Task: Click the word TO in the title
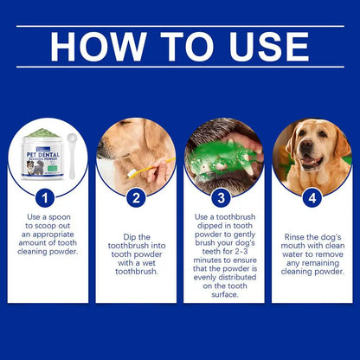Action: (x=178, y=47)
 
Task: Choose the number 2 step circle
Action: (x=136, y=198)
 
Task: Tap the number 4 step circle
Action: (x=312, y=198)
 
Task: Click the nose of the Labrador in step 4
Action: (x=304, y=158)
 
